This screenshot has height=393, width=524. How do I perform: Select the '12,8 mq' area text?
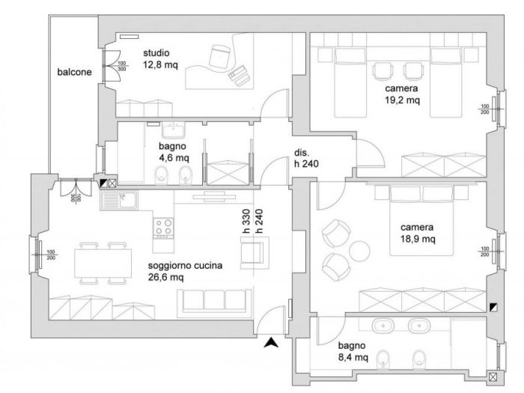pos(161,65)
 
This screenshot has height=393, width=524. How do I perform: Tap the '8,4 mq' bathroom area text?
pos(352,358)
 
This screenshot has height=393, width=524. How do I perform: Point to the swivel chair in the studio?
pos(220,55)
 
